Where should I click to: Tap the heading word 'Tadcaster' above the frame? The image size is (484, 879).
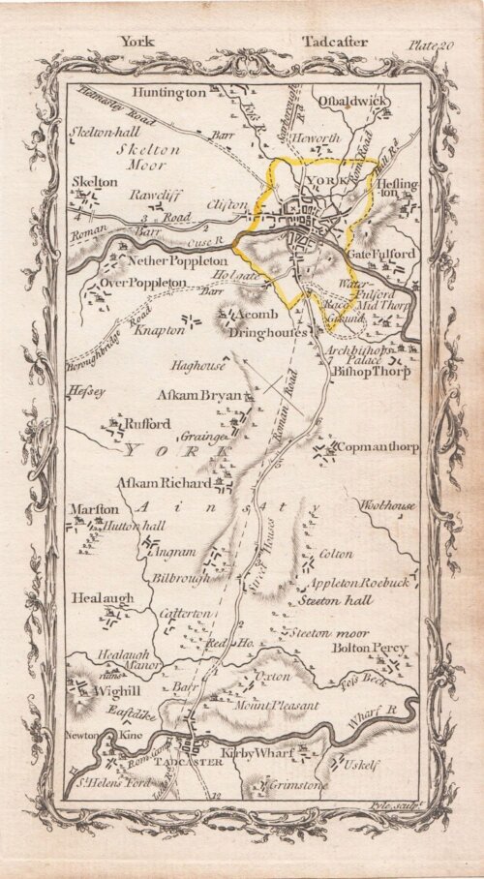click(332, 41)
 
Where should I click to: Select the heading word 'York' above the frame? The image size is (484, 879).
click(136, 41)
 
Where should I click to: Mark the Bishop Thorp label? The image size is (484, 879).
click(370, 370)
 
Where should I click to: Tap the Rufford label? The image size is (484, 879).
click(146, 424)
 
